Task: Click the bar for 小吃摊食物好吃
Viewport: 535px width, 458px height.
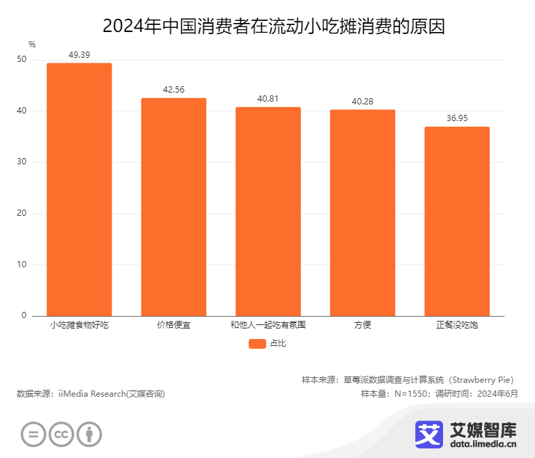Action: (x=79, y=189)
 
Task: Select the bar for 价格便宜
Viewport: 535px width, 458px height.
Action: (x=173, y=207)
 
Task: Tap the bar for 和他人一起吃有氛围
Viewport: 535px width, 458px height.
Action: (x=268, y=212)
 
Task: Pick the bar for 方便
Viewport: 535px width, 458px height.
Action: (x=362, y=213)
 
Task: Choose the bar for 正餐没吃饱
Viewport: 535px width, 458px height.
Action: (x=457, y=221)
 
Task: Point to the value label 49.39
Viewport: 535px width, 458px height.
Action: (x=79, y=54)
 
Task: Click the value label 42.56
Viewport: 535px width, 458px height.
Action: (x=173, y=89)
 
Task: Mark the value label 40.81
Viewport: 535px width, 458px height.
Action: (x=268, y=98)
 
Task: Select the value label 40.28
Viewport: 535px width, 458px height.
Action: (x=362, y=101)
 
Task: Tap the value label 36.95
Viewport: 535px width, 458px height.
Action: (x=457, y=118)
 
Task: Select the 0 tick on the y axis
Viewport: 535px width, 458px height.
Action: (x=24, y=316)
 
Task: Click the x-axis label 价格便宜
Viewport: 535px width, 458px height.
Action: (x=173, y=325)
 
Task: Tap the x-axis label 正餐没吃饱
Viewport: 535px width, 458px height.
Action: (x=457, y=325)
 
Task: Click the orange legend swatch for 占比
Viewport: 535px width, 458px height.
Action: (x=257, y=343)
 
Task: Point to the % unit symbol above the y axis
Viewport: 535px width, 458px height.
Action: (x=32, y=45)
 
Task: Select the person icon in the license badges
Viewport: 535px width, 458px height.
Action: (x=89, y=435)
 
